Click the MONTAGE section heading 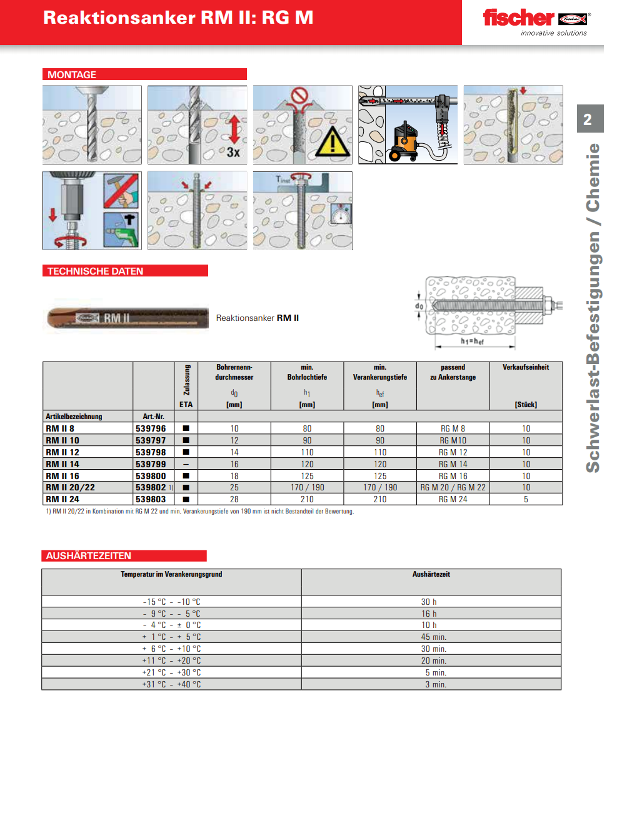[x=72, y=74]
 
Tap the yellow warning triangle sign [x=332, y=141]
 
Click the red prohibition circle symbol [x=301, y=96]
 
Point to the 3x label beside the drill [x=233, y=152]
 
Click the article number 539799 [x=151, y=464]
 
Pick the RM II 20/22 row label [x=70, y=487]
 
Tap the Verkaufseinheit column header [x=526, y=367]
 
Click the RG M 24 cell [x=453, y=499]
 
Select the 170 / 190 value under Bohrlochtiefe [x=307, y=487]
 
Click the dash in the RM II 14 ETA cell [x=186, y=464]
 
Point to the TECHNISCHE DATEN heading [x=95, y=271]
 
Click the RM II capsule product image [x=128, y=318]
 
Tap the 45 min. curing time [x=433, y=637]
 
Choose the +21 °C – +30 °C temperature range [x=171, y=672]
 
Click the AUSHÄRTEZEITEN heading [x=88, y=555]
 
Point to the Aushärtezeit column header [x=431, y=574]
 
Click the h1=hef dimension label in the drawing [x=472, y=342]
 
